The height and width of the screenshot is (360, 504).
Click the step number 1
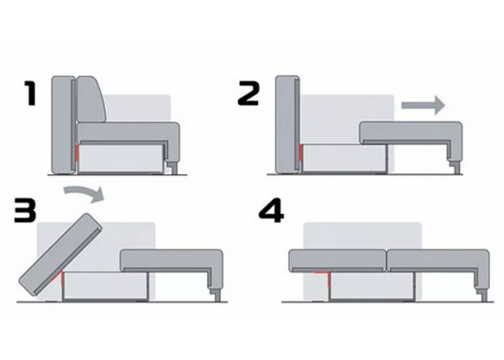point(31,93)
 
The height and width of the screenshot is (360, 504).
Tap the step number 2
point(248,93)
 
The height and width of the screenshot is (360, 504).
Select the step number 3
point(25,211)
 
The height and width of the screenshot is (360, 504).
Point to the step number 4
point(271,211)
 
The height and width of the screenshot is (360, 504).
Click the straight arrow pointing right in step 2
point(423,105)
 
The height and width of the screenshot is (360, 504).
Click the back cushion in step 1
point(92,99)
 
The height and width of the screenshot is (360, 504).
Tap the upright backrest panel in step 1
point(64,125)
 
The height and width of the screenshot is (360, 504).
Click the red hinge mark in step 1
point(77,152)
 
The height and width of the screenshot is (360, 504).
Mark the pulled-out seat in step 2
point(411,139)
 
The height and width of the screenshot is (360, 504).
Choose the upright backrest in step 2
point(287,124)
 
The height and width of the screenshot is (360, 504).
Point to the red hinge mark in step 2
point(301,152)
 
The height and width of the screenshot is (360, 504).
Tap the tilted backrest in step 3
point(60,255)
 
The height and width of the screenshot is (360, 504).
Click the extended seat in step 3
point(172,266)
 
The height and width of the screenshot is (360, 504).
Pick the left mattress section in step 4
point(338,261)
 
